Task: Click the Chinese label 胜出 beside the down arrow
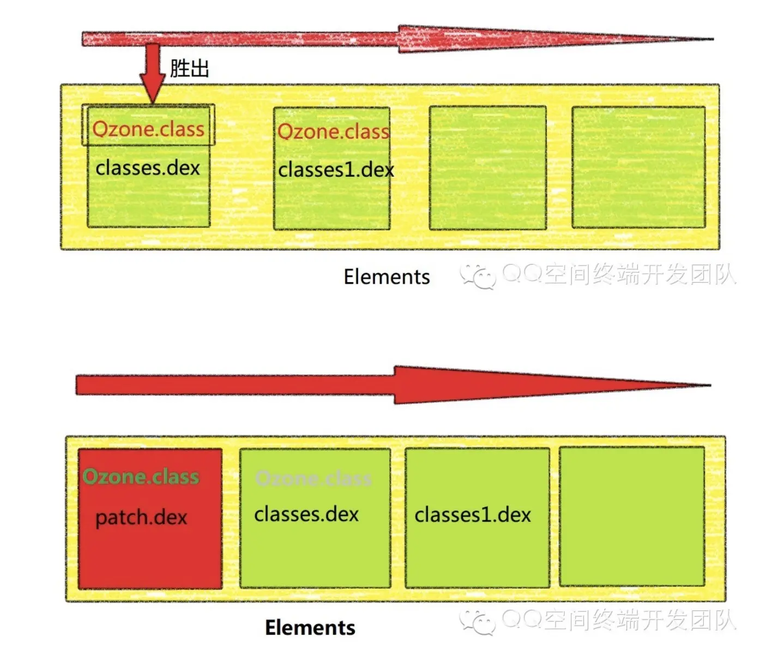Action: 189,69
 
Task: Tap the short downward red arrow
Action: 152,74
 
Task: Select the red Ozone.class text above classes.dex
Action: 148,129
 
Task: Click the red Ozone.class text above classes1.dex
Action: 334,131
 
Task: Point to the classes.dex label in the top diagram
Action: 148,167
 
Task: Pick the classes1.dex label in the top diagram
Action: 336,170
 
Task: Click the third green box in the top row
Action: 487,167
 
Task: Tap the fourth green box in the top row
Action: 638,167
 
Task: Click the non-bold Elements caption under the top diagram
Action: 387,277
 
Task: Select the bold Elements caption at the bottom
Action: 310,627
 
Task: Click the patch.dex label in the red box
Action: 141,517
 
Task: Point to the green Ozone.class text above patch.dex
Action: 141,477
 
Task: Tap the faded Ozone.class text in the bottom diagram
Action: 313,478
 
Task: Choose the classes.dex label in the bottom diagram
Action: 306,514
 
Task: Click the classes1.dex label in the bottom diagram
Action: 473,514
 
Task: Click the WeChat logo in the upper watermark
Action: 478,275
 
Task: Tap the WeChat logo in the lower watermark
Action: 478,622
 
